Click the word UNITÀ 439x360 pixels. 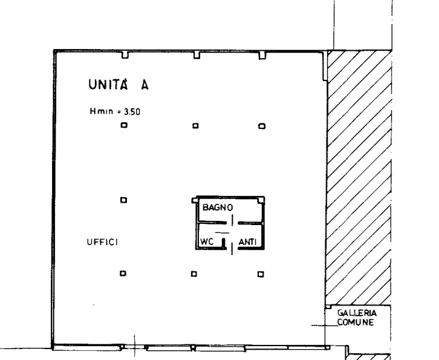coord(108,84)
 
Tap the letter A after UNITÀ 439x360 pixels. coord(145,85)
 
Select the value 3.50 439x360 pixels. coord(132,112)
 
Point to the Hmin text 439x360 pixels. coord(102,111)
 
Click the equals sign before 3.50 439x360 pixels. coord(119,112)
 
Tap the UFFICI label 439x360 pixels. coord(102,242)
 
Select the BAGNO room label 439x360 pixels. coord(218,208)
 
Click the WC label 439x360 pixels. coord(207,241)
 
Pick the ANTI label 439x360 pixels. coord(248,242)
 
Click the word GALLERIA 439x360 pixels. coord(357,313)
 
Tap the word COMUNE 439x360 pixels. coord(356,322)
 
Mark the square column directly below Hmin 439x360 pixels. coord(124,125)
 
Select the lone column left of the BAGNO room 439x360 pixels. coord(123,200)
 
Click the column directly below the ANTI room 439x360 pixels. coord(261,274)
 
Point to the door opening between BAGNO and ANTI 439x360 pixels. coord(232,220)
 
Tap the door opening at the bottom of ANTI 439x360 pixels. coord(232,249)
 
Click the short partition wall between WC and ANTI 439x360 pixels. coord(223,243)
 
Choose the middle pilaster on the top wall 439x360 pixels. coord(197,55)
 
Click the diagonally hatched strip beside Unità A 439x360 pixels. coord(359,178)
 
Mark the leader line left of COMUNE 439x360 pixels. coord(325,326)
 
